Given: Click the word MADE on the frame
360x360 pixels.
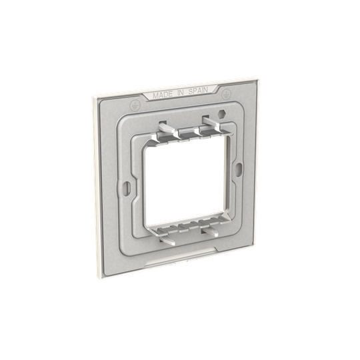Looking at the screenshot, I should (x=163, y=96).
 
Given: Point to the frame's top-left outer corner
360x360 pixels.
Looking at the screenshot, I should (x=93, y=93).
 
